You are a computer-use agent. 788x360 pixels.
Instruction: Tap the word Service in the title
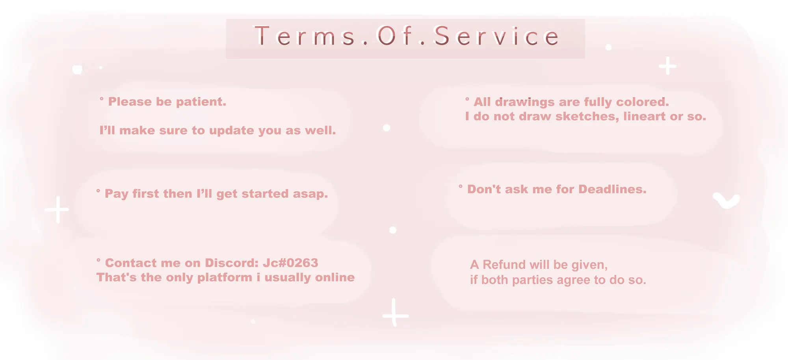coord(496,36)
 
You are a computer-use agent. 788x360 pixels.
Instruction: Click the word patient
coord(201,102)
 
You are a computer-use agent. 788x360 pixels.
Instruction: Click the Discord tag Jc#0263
coord(290,263)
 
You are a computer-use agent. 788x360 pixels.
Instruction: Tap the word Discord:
coord(232,263)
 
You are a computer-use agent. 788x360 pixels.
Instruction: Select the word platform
coord(225,278)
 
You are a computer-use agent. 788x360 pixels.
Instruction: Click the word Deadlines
coord(612,189)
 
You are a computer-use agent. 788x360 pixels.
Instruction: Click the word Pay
coord(117,194)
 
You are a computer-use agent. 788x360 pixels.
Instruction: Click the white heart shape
coord(726,200)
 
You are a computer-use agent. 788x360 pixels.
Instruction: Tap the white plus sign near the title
coord(667,66)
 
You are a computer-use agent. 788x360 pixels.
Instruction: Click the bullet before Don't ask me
coord(461,186)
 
